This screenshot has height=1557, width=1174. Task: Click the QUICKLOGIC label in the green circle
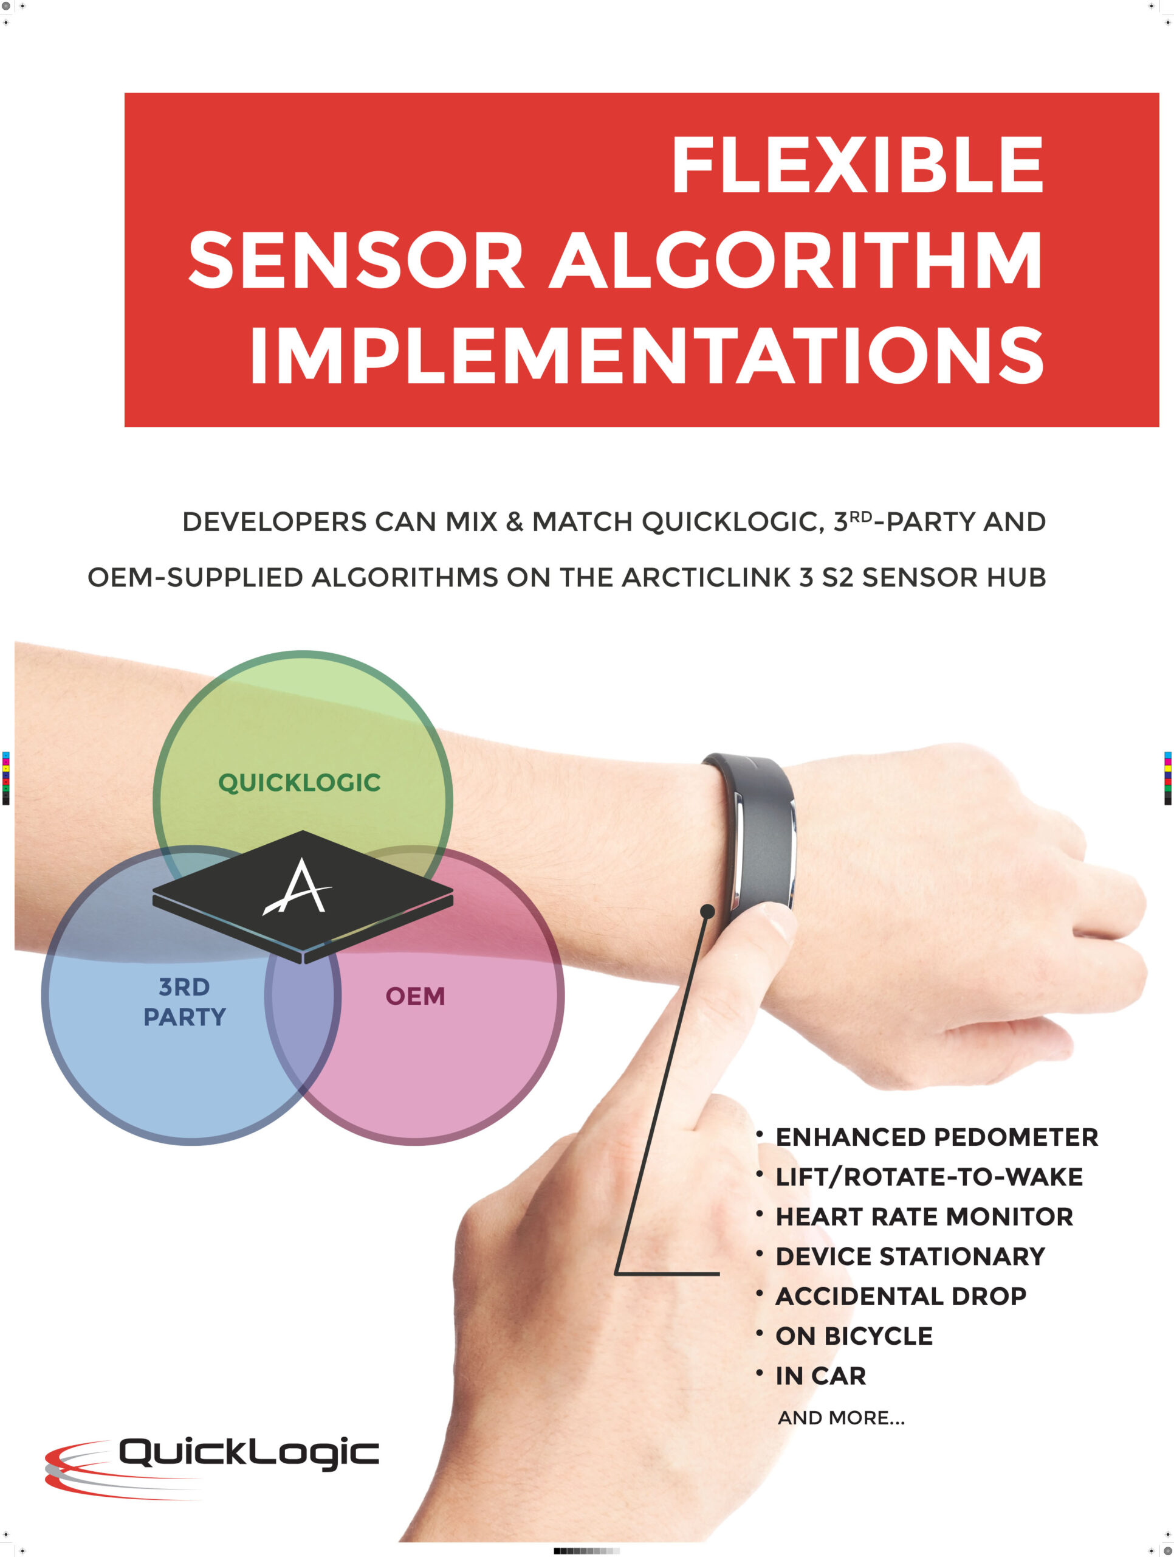pyautogui.click(x=300, y=783)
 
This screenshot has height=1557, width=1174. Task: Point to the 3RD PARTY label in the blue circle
pyautogui.click(x=185, y=1002)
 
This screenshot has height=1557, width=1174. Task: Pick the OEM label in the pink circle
pyautogui.click(x=415, y=996)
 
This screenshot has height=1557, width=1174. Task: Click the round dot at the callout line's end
pyautogui.click(x=708, y=912)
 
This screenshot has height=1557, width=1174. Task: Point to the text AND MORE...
pyautogui.click(x=841, y=1418)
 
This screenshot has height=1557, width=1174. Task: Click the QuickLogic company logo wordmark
pyautogui.click(x=249, y=1454)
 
